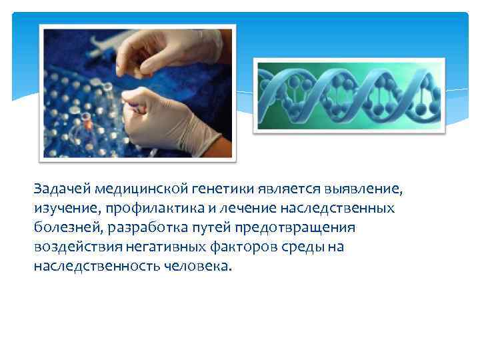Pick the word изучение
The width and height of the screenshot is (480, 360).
63,209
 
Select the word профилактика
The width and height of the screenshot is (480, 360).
144,209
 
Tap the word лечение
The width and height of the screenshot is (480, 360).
236,209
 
